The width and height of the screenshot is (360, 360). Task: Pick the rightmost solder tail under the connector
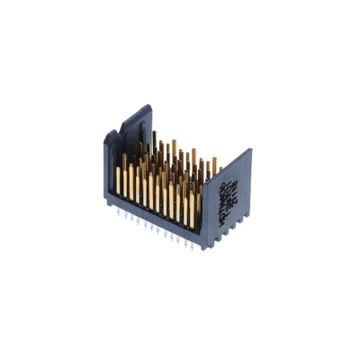coord(199,246)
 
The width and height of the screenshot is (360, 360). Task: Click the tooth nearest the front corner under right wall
coord(216,238)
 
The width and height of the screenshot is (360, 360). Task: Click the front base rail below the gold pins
coord(157,220)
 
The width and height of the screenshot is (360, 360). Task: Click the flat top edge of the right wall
coord(230,166)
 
